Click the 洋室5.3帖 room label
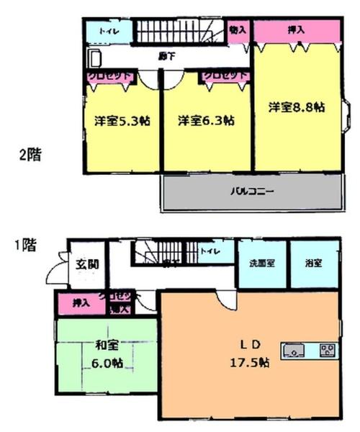pos(121,121)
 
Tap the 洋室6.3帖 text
pos(206,121)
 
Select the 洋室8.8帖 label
pos(297,107)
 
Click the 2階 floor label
pos(30,155)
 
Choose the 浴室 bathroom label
pos(314,264)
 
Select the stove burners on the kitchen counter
pos(327,351)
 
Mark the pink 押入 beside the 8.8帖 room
pos(295,30)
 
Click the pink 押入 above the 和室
pos(81,304)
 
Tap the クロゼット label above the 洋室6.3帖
pos(224,74)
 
